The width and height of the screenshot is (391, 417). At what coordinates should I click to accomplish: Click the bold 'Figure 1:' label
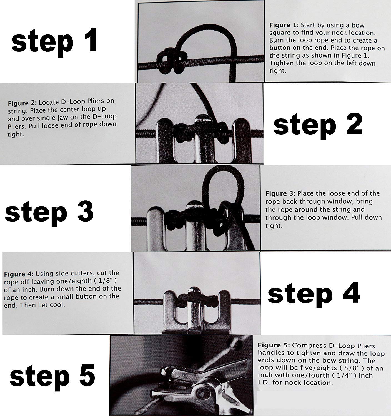(x=284, y=25)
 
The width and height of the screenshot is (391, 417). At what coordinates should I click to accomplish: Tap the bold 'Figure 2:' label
(x=22, y=103)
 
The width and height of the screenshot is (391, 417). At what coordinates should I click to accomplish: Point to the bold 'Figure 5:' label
(x=274, y=345)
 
